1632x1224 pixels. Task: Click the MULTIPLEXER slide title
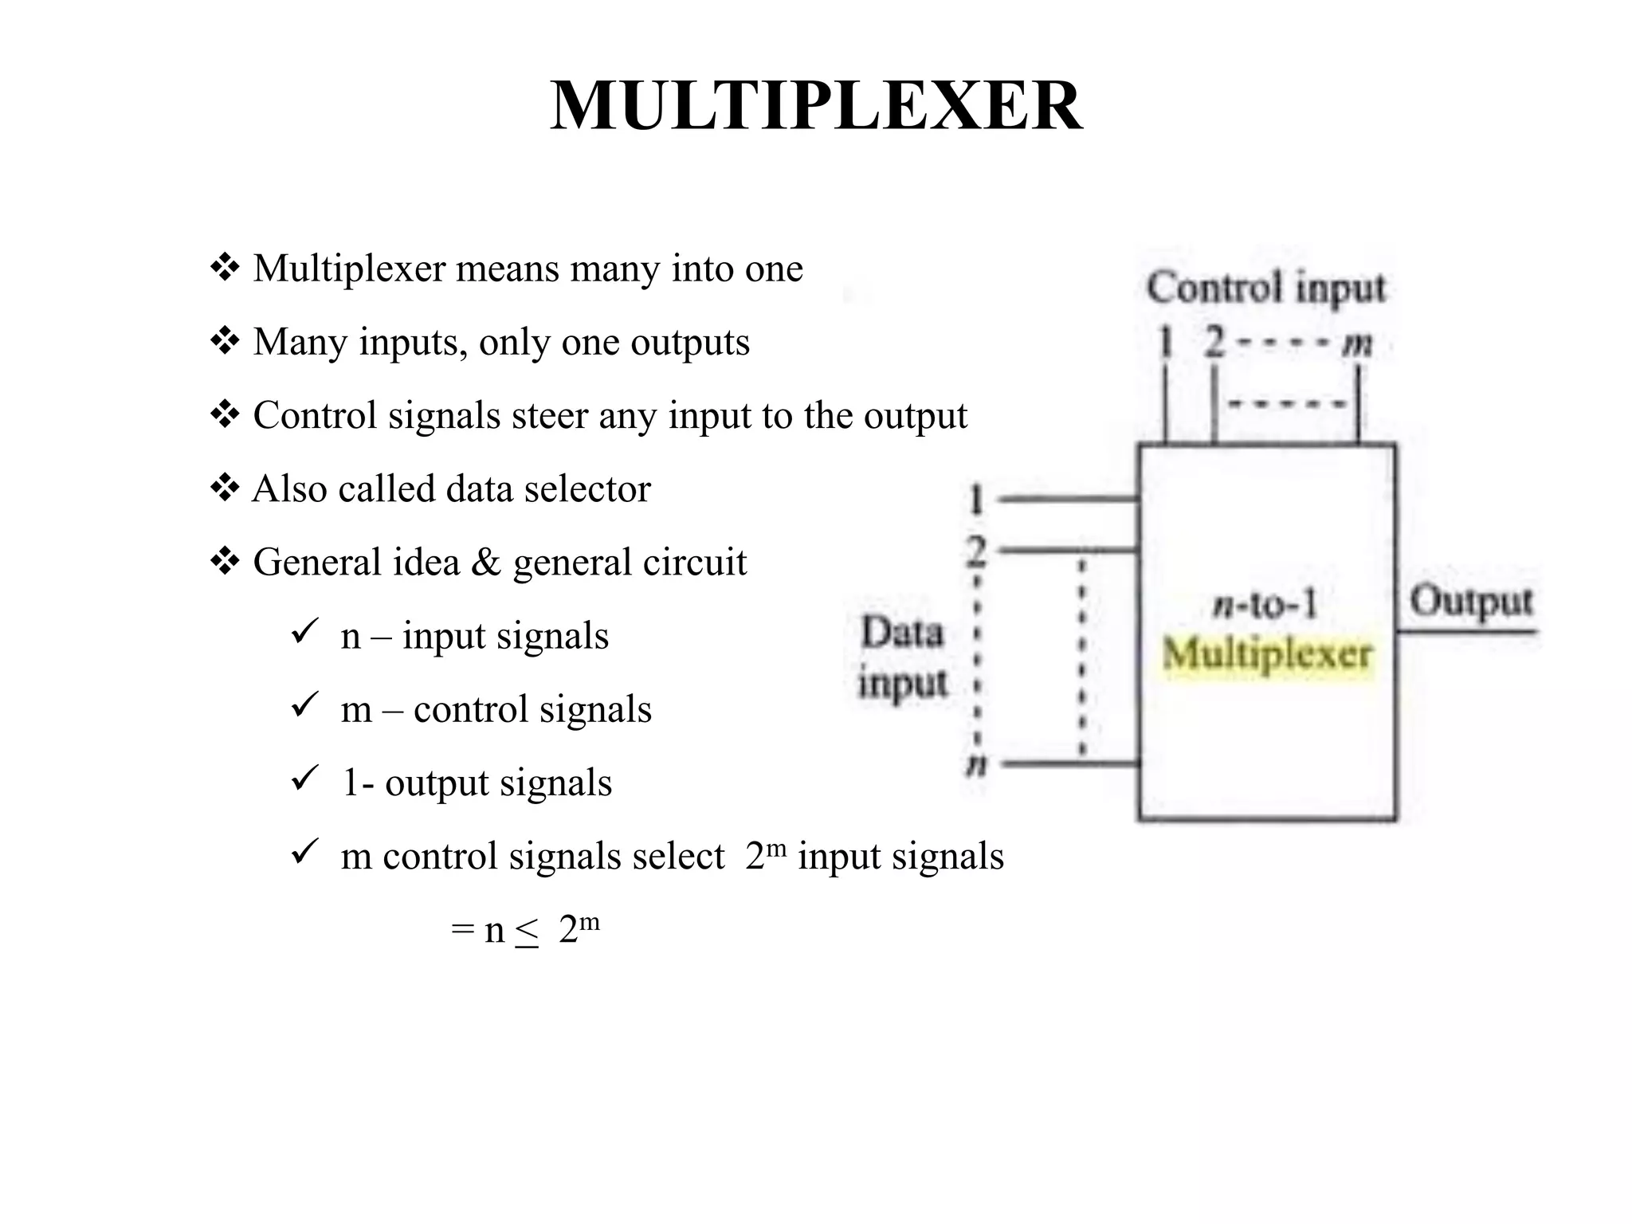[815, 107]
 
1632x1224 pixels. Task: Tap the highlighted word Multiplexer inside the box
[1267, 655]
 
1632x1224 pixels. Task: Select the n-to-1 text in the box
[1265, 606]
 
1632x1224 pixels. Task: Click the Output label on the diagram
[1471, 602]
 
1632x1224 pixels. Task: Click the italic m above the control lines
[1357, 344]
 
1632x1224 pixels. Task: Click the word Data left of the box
[902, 634]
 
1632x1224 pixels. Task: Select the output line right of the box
[1466, 632]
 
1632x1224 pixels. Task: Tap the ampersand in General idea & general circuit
[486, 563]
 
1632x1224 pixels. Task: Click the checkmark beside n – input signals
[305, 632]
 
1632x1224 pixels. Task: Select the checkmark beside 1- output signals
[305, 779]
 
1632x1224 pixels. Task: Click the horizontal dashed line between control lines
[1285, 404]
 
